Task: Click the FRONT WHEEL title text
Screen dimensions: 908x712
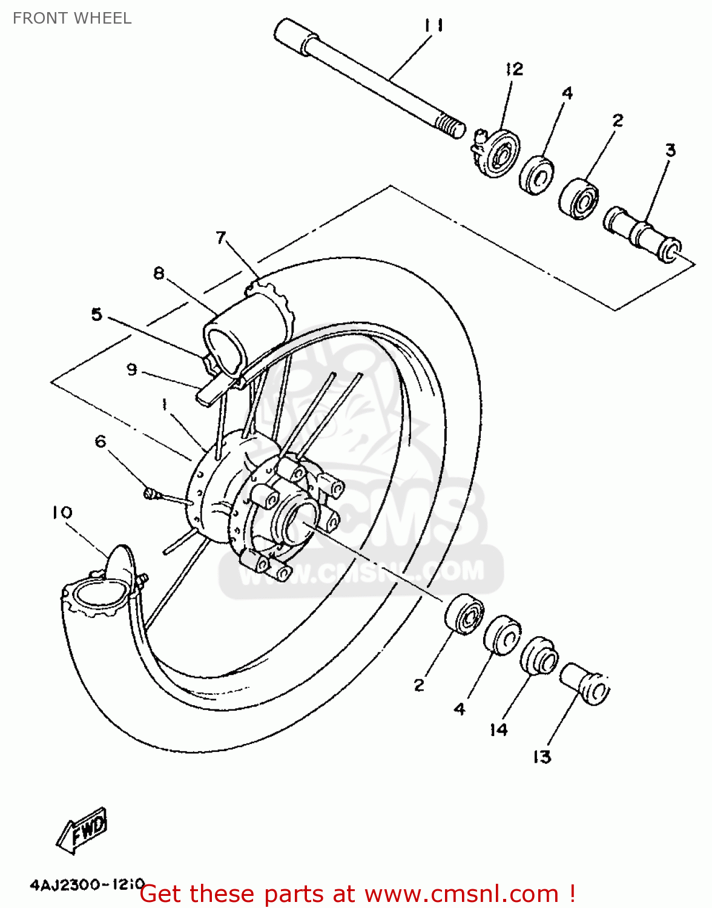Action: coord(72,18)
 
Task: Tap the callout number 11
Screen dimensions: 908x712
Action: coord(433,25)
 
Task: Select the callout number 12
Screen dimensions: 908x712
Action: coord(514,69)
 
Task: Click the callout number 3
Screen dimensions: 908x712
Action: coord(670,150)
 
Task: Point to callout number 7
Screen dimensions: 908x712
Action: coord(221,237)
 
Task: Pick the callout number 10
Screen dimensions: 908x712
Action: coord(62,513)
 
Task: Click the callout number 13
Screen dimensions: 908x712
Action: coord(542,757)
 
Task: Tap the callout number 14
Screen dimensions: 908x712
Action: coord(498,730)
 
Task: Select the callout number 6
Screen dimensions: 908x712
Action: coord(101,441)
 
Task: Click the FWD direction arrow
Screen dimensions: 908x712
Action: coord(83,830)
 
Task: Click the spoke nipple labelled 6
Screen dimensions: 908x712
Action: coord(151,495)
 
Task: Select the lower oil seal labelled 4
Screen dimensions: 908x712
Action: coord(503,636)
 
